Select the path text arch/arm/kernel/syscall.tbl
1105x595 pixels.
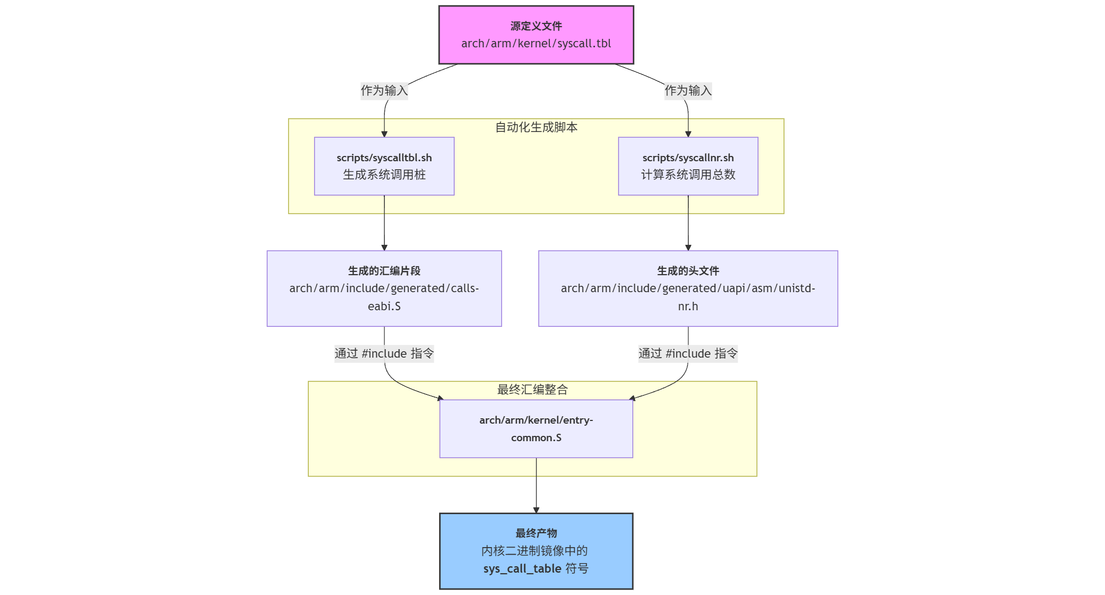(x=536, y=44)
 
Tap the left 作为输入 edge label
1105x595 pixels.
(x=384, y=90)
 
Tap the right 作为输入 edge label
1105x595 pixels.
(x=688, y=90)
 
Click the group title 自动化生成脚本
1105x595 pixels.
(x=536, y=127)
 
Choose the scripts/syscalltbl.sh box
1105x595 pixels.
(x=384, y=166)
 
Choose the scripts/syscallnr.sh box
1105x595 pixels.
(x=688, y=166)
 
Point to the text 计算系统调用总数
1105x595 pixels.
(x=688, y=175)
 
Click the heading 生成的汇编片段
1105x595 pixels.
(x=384, y=271)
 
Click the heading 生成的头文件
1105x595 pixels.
(x=688, y=271)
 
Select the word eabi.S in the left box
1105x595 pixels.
(x=384, y=307)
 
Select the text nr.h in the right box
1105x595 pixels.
(x=688, y=307)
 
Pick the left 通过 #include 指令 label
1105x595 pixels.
(x=384, y=353)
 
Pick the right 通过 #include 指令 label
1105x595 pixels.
(x=688, y=353)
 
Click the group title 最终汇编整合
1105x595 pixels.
(x=532, y=390)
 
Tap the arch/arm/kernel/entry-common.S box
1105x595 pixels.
(x=536, y=429)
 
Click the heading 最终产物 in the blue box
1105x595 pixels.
(x=536, y=533)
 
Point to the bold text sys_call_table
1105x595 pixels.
(x=522, y=569)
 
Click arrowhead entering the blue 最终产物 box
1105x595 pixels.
(x=536, y=510)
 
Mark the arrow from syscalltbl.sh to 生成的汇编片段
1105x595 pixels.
(x=384, y=224)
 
